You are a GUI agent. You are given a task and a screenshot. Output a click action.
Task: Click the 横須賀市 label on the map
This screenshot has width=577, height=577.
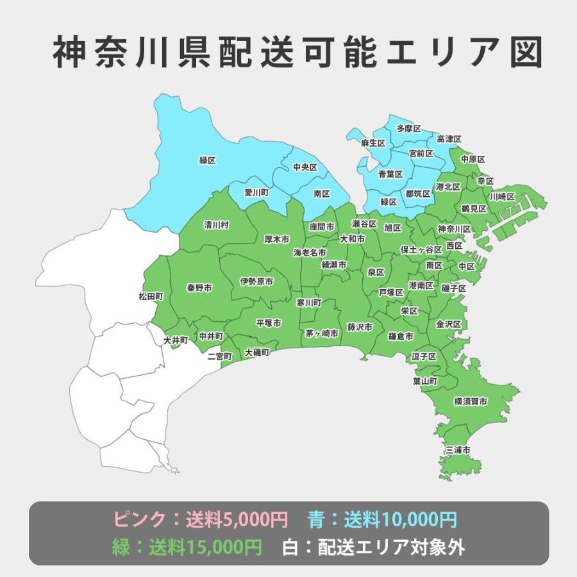pos(470,401)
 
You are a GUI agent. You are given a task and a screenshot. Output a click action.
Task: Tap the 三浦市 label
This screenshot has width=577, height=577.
pos(458,451)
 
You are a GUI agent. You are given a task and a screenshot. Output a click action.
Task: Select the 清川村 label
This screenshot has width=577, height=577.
pos(216,225)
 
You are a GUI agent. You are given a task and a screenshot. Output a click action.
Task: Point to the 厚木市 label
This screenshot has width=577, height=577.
pos(277,239)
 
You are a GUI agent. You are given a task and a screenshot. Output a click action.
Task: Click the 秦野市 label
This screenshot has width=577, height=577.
pos(199,287)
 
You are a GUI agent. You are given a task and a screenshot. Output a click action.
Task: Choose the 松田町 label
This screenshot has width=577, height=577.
pos(151,296)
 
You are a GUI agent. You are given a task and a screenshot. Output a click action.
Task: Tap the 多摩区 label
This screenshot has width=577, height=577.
pos(408,129)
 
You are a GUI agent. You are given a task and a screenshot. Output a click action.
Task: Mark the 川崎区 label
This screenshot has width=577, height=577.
pos(502,196)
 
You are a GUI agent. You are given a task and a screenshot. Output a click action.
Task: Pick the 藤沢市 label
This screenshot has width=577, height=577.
pos(360,326)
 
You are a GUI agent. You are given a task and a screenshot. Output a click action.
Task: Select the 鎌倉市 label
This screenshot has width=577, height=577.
pos(401,336)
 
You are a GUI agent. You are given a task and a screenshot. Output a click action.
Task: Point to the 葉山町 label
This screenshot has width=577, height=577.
pos(425,381)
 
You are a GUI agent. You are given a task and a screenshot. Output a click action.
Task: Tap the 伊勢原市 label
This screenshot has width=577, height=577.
pos(256,281)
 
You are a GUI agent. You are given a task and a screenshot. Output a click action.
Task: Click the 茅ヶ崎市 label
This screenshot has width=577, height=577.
pos(321,333)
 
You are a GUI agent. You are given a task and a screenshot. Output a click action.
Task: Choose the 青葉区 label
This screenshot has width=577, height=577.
pos(390,174)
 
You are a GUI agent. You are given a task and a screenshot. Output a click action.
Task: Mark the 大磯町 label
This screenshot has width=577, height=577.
pos(257,353)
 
